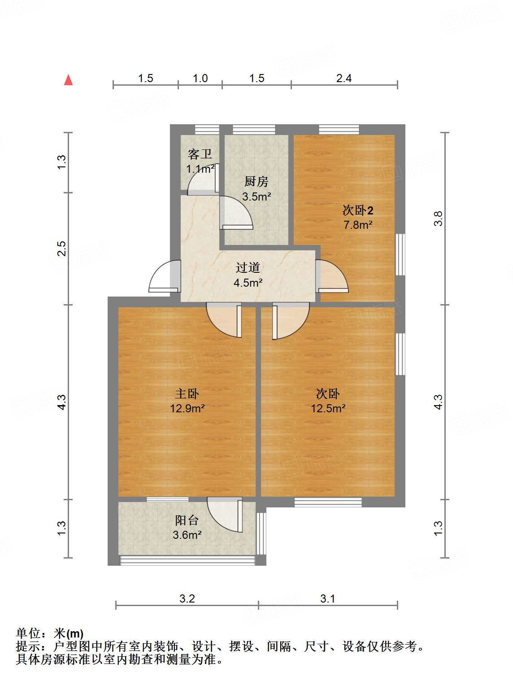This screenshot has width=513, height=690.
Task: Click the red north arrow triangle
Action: (x=68, y=80)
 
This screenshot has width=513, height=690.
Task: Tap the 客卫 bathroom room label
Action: (x=200, y=154)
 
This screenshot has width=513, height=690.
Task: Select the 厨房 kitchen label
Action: (x=256, y=182)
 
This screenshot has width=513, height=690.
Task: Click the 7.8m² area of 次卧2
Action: (x=358, y=225)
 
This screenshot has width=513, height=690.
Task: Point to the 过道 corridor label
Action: (x=248, y=268)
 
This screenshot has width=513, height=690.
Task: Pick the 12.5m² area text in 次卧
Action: (x=328, y=409)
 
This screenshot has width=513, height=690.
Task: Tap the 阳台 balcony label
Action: (x=187, y=520)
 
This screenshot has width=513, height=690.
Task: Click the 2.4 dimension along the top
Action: (x=344, y=79)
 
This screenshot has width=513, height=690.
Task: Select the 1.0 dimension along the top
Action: (x=200, y=79)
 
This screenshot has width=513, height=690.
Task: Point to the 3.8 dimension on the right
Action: (x=438, y=218)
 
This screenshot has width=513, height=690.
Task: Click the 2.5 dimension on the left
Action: (x=61, y=249)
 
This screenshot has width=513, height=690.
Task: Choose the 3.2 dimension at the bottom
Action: (x=187, y=599)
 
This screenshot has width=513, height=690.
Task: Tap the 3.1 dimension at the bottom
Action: (x=328, y=599)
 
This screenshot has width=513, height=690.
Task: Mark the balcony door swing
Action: (x=225, y=515)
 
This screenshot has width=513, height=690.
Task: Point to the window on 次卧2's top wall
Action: (x=339, y=130)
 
